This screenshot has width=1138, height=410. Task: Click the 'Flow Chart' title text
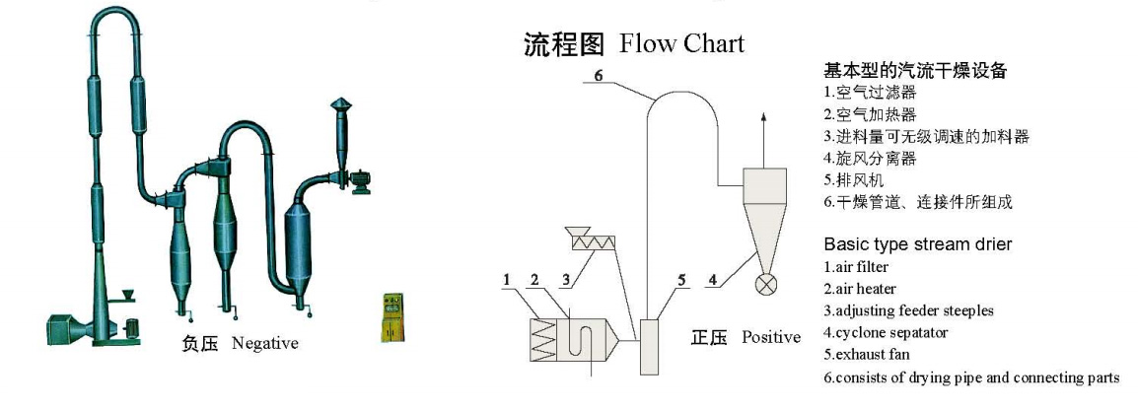(x=681, y=44)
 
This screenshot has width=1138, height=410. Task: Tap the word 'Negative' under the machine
(x=264, y=343)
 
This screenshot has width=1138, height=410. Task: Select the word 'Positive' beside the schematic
(x=771, y=337)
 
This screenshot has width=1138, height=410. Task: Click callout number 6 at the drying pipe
(x=597, y=75)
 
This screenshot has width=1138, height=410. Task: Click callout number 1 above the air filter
(x=506, y=280)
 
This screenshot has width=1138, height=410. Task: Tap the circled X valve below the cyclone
(x=764, y=286)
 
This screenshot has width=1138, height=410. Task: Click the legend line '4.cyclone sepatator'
(x=885, y=332)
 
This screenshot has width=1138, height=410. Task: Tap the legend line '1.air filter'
(x=856, y=266)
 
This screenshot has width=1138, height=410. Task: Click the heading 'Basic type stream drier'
(x=918, y=243)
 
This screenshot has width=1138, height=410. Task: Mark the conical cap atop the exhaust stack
(x=341, y=104)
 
